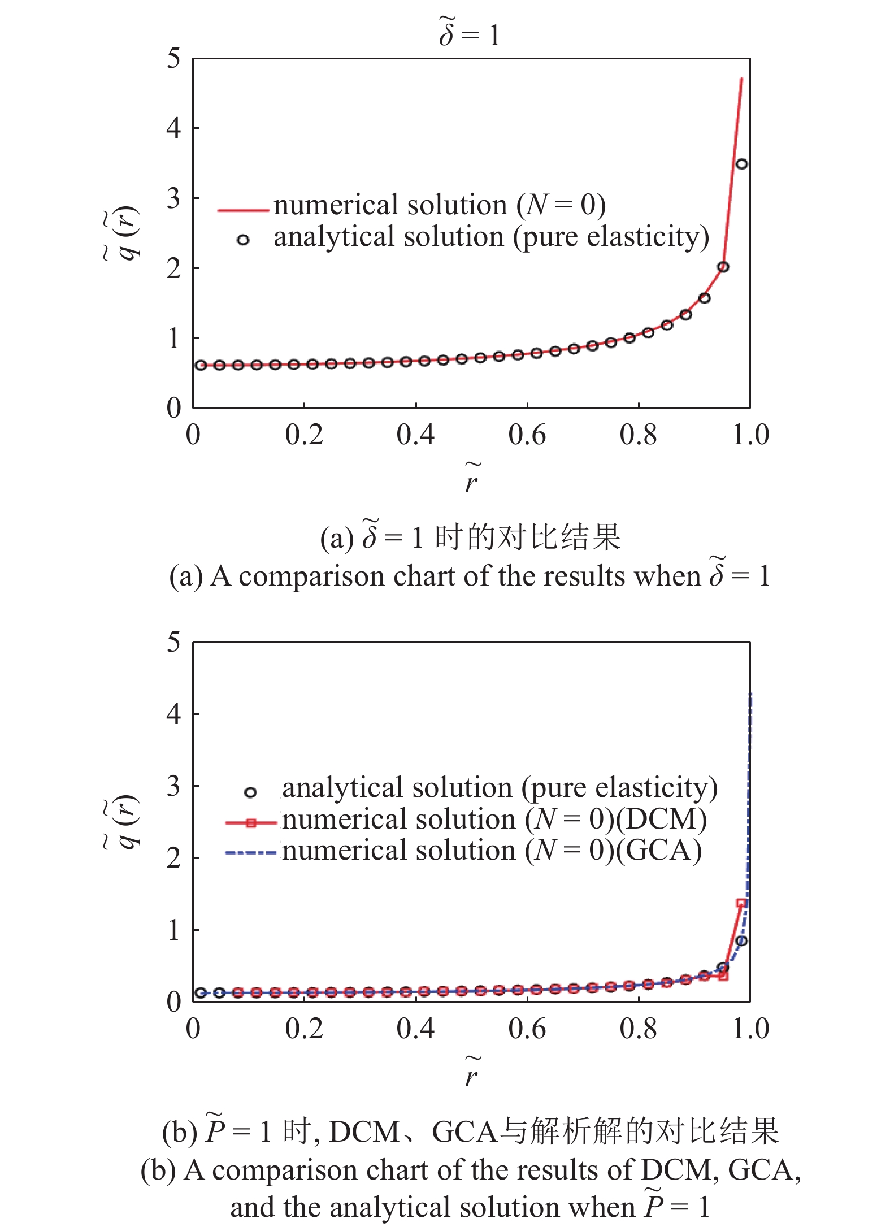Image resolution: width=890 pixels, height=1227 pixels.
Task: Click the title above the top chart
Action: pos(470,33)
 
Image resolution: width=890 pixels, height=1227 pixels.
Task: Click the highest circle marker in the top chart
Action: pos(741,164)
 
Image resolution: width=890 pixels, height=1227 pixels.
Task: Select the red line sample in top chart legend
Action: pos(243,210)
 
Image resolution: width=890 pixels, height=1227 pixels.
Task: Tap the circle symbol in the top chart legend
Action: pos(243,240)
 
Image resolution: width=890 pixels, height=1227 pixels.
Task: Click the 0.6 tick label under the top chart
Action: pos(527,435)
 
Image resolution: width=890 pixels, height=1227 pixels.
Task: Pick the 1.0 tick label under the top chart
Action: pos(750,435)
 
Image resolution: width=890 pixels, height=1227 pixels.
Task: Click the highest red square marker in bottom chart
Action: pos(741,903)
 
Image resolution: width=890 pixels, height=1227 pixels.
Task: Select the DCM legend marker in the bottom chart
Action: pos(251,823)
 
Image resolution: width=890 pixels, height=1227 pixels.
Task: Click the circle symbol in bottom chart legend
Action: pos(250,792)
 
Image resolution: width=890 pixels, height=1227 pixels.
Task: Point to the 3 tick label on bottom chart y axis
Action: pos(173,786)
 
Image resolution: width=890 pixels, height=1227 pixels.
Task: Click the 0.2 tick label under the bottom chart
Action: pos(304,1029)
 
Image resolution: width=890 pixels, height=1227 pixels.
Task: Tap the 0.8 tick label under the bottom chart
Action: pos(639,1029)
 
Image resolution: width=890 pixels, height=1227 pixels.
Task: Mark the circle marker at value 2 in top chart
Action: pos(723,267)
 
